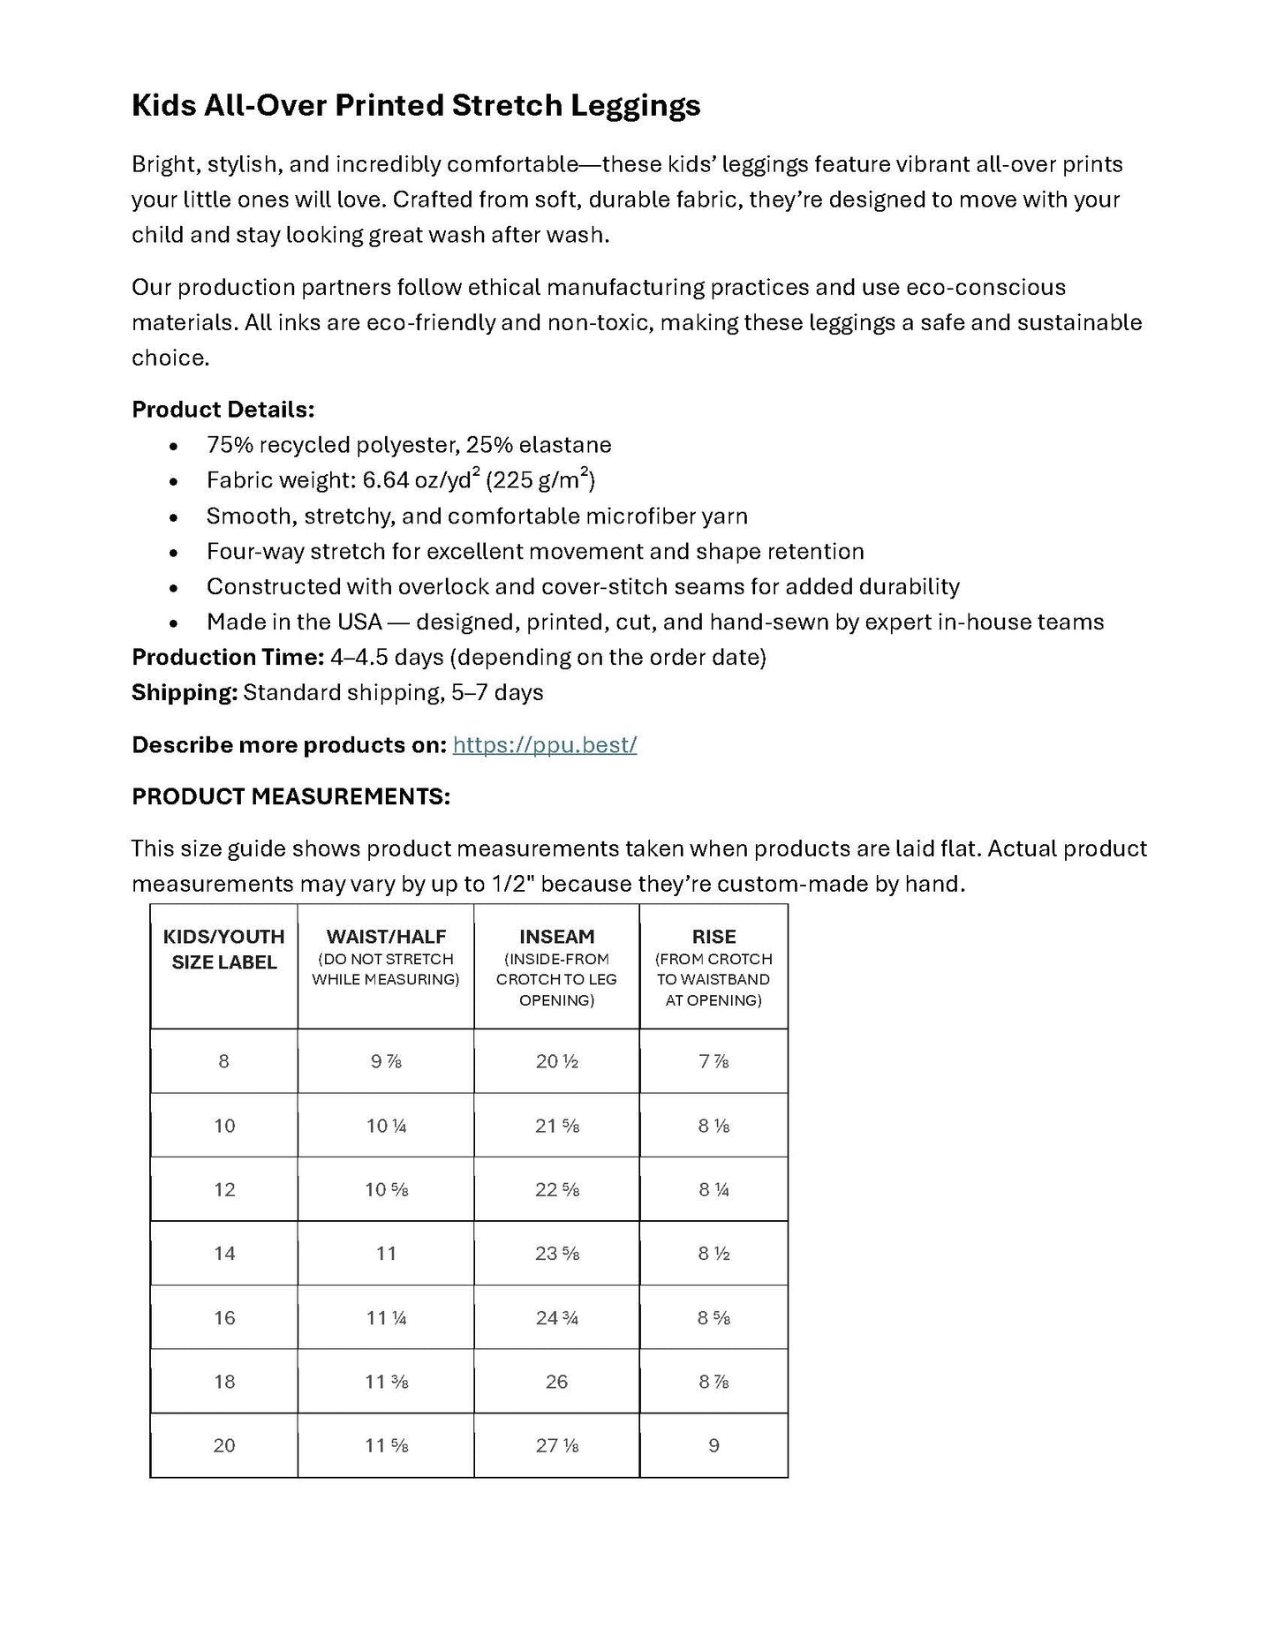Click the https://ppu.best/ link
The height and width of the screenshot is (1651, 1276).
pyautogui.click(x=544, y=745)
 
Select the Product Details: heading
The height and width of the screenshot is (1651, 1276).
pyautogui.click(x=223, y=410)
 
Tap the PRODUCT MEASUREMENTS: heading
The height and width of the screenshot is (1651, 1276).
pyautogui.click(x=291, y=797)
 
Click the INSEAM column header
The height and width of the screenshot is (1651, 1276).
pyautogui.click(x=556, y=937)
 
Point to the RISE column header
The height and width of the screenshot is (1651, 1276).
pyautogui.click(x=714, y=937)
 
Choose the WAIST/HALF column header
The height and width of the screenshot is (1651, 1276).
pyautogui.click(x=386, y=937)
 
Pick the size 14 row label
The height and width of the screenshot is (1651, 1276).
pyautogui.click(x=224, y=1254)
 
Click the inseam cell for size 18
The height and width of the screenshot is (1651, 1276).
pyautogui.click(x=556, y=1382)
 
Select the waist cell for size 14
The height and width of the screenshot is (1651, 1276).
pyautogui.click(x=386, y=1254)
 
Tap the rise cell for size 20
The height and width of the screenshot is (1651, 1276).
pyautogui.click(x=714, y=1446)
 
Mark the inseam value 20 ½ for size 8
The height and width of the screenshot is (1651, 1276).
pyautogui.click(x=556, y=1061)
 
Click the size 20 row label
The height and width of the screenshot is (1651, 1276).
pyautogui.click(x=224, y=1446)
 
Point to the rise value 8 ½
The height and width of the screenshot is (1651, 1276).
pyautogui.click(x=714, y=1254)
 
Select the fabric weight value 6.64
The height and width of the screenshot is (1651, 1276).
pyautogui.click(x=386, y=481)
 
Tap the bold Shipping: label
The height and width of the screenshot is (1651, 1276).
pyautogui.click(x=185, y=693)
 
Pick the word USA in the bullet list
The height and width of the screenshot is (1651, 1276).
pyautogui.click(x=359, y=622)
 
